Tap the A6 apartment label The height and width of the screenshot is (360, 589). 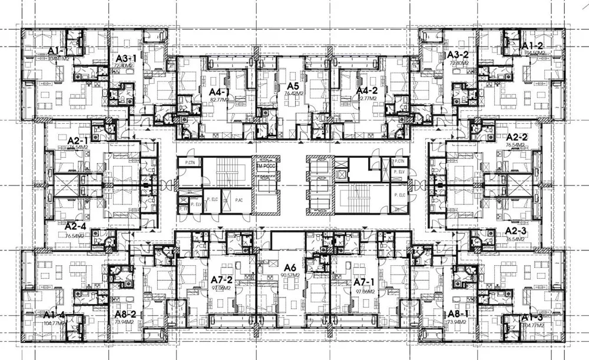point(290,266)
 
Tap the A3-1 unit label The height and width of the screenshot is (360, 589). point(125,58)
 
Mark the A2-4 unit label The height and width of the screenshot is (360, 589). point(76,226)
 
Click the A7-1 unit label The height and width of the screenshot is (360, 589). point(365,282)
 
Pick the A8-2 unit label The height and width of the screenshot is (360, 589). point(125,314)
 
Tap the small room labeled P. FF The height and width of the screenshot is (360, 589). point(182,208)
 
